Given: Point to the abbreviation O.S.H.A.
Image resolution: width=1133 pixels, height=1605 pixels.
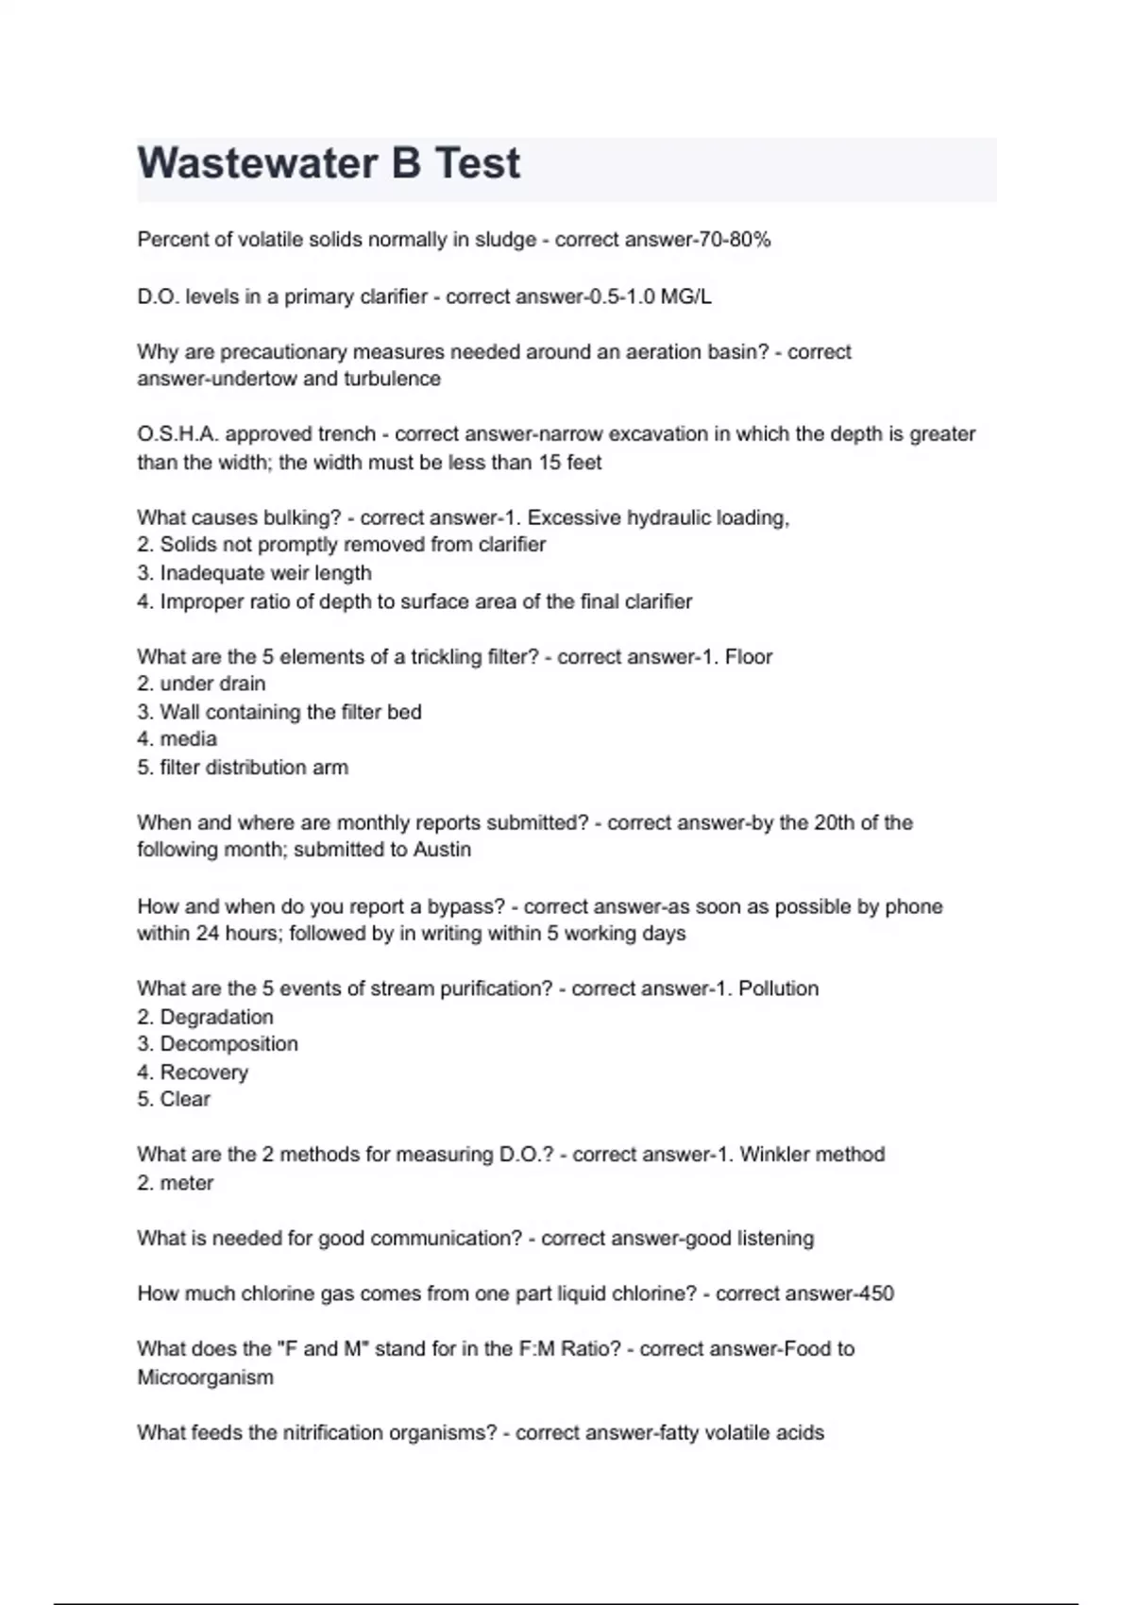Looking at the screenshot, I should pos(178,434).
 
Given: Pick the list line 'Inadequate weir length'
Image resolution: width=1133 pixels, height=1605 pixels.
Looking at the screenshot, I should pos(254,573).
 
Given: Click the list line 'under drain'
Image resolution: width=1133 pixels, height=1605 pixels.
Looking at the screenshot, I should pos(201,684).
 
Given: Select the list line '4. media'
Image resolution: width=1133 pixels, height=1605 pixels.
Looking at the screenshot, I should pos(177,739).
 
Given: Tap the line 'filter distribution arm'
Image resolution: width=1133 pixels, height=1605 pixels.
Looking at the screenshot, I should pos(243,768).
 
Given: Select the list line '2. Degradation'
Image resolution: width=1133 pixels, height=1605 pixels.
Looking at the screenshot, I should pos(205,1017).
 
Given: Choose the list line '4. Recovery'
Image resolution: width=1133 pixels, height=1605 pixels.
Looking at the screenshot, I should pos(193,1073).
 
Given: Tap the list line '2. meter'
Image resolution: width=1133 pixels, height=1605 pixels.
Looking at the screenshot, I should pos(176,1183).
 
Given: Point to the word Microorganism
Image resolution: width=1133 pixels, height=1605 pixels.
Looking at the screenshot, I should pos(206,1377).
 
